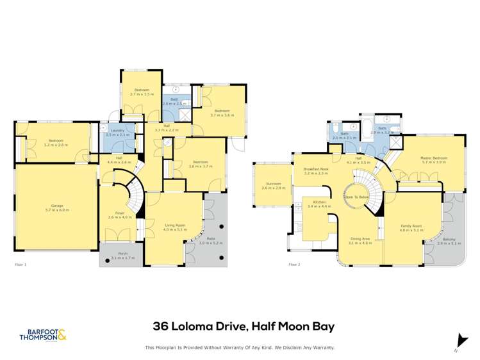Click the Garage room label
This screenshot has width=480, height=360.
(x=56, y=206)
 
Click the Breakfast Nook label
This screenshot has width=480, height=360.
(x=315, y=170)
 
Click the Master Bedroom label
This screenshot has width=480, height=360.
(x=434, y=158)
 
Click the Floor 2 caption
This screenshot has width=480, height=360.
(x=294, y=264)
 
